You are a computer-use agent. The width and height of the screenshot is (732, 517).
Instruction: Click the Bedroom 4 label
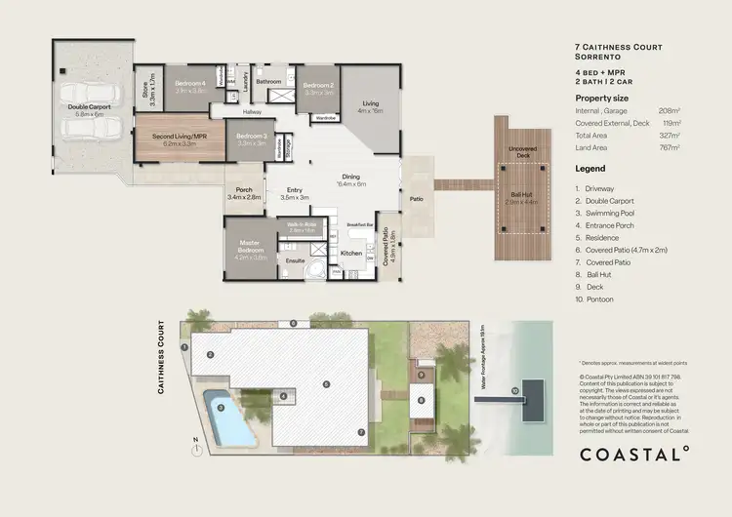click(x=190, y=83)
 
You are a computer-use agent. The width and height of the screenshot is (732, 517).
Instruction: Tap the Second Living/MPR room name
click(x=179, y=136)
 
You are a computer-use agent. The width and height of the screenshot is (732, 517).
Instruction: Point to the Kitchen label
click(x=351, y=254)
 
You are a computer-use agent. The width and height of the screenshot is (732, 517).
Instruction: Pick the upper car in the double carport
click(x=89, y=94)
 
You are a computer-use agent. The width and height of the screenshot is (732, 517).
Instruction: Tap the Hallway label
click(x=253, y=112)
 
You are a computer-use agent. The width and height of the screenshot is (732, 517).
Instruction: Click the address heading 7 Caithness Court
click(x=615, y=46)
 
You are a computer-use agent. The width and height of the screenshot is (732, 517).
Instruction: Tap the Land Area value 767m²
click(x=671, y=147)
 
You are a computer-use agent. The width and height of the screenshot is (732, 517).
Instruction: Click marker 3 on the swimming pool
click(x=222, y=408)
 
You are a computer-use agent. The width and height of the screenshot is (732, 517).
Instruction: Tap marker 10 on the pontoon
click(x=514, y=391)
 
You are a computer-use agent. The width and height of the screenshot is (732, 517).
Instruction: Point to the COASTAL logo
click(x=634, y=453)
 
